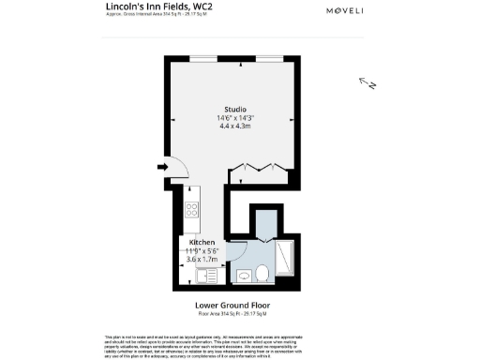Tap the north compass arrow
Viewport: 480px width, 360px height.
[x=367, y=83]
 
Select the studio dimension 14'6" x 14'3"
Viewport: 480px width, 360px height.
[x=234, y=117]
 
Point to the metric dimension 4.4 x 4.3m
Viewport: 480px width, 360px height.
[x=234, y=126]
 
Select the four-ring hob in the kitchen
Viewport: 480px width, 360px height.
[x=191, y=210]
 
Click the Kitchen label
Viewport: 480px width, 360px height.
[x=202, y=243]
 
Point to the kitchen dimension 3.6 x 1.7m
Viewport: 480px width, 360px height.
[x=203, y=259]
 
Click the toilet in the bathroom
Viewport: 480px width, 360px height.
[x=262, y=273]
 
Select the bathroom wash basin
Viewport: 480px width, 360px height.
[x=244, y=276]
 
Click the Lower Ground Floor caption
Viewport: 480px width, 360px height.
[x=239, y=306]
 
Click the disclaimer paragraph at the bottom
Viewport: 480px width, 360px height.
[x=239, y=344]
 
